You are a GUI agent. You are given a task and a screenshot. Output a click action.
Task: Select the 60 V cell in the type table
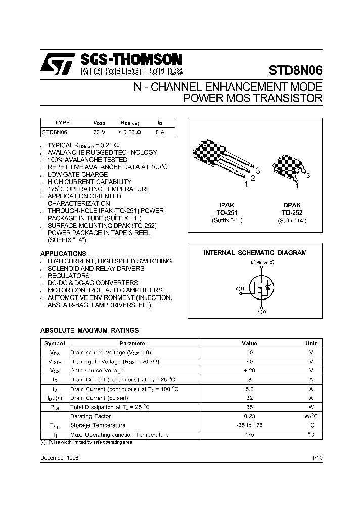99,132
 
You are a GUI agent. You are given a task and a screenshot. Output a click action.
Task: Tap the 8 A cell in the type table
160,132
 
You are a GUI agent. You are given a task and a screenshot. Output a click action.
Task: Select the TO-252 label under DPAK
292,213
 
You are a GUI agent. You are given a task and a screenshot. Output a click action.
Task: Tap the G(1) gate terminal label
240,288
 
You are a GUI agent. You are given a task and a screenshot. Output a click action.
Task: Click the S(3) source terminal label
261,312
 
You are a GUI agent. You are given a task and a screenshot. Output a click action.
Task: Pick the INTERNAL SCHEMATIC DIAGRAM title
255,252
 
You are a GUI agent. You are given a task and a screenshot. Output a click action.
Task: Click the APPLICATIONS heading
63,253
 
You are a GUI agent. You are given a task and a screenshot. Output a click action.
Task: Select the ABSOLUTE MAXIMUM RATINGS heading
89,330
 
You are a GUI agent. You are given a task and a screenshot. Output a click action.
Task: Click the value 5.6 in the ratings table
249,389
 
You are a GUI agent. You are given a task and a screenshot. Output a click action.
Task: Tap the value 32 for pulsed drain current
249,398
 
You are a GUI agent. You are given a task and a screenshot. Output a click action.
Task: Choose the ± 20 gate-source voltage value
249,370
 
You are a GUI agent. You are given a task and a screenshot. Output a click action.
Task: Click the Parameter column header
133,343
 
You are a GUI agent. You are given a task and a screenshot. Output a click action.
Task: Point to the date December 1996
59,457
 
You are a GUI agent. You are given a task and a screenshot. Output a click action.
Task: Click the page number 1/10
317,457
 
